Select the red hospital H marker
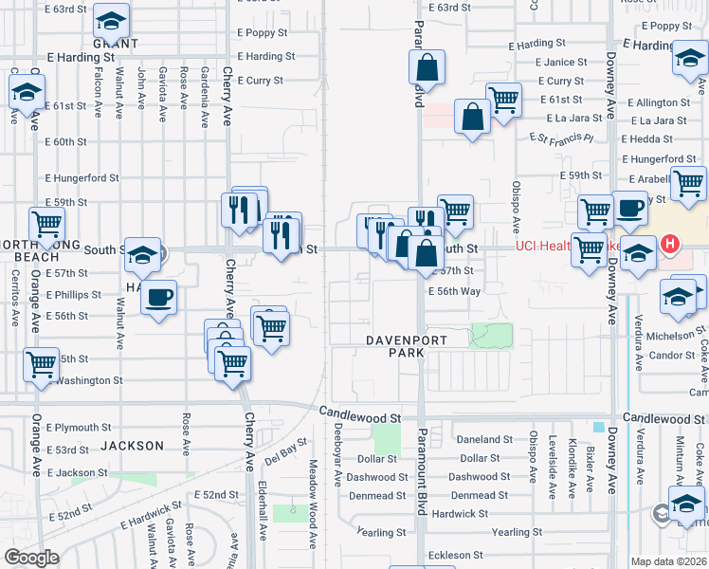point(671,245)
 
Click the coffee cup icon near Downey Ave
point(630,209)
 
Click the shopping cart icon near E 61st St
point(503,100)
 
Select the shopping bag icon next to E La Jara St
point(471,119)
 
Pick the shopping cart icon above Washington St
point(42,364)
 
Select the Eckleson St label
point(455,555)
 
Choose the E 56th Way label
point(454,292)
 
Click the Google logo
point(31,558)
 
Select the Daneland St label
point(484,440)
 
